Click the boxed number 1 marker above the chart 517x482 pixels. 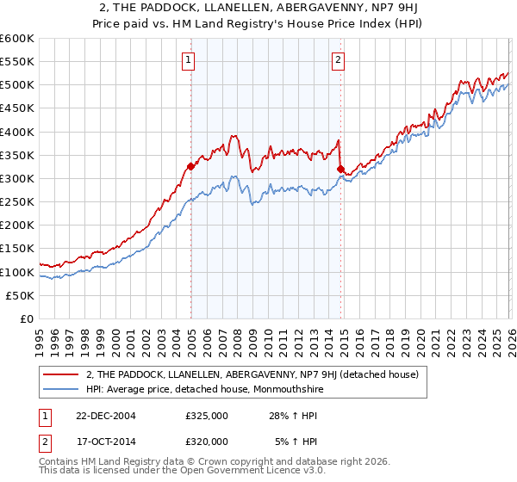(188, 59)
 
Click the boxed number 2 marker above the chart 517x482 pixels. (337, 59)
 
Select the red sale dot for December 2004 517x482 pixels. (190, 166)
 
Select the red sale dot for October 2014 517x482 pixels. (341, 169)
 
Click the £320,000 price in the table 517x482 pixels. (207, 442)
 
